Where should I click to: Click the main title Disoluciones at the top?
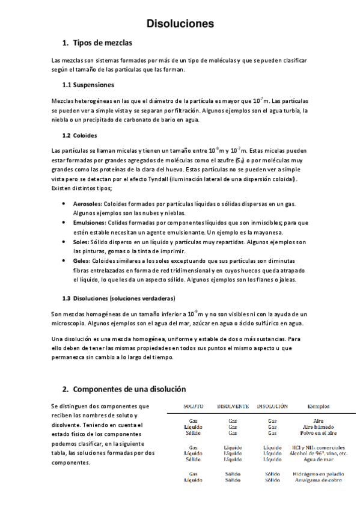180,24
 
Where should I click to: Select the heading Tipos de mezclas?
102,43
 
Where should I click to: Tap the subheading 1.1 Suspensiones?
88,85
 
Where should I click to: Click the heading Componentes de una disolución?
129,389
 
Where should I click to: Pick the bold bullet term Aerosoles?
87,204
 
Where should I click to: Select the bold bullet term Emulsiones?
88,222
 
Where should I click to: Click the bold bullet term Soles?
81,242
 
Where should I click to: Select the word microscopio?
69,323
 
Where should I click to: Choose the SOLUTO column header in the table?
193,407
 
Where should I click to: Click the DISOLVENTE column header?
233,407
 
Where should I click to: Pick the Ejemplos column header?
318,407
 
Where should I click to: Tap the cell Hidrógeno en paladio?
319,474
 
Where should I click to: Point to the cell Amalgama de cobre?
319,480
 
